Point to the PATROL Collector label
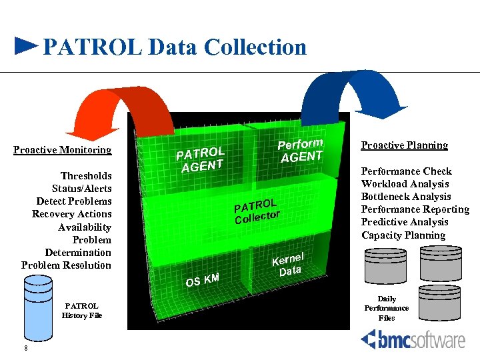257,210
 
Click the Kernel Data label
289,264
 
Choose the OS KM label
202,281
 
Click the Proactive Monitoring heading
63,150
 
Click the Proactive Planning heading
405,145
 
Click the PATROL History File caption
82,311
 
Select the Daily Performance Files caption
387,309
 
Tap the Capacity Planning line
403,235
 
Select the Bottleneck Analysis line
406,197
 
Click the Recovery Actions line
72,214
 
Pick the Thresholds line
87,176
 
